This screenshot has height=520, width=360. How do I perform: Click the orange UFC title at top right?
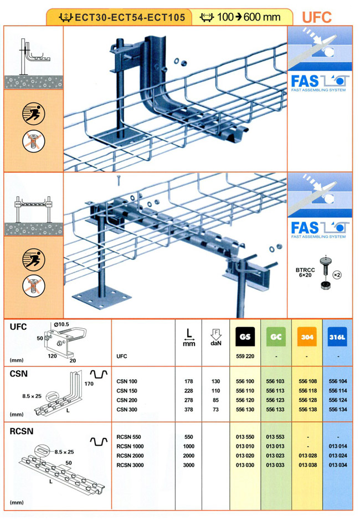317,17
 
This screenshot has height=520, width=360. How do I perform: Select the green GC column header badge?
275,337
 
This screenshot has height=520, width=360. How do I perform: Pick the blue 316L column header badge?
337,337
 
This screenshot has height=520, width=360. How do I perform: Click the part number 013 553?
275,437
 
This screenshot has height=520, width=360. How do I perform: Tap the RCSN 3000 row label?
131,465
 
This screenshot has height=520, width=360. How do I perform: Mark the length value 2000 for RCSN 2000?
189,456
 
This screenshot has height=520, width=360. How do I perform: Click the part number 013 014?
337,446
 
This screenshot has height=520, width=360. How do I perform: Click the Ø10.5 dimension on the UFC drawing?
62,324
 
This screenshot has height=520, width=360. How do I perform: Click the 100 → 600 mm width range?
244,17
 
